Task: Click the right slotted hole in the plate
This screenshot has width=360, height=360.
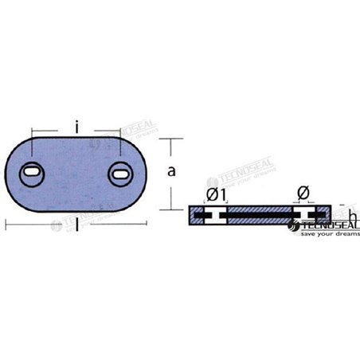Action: point(121,170)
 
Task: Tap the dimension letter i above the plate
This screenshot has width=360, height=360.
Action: point(75,125)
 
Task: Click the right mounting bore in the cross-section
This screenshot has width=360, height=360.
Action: point(305,216)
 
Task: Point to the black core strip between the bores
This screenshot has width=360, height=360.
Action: point(259,216)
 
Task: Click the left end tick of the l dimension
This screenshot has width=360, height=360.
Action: point(6,225)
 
